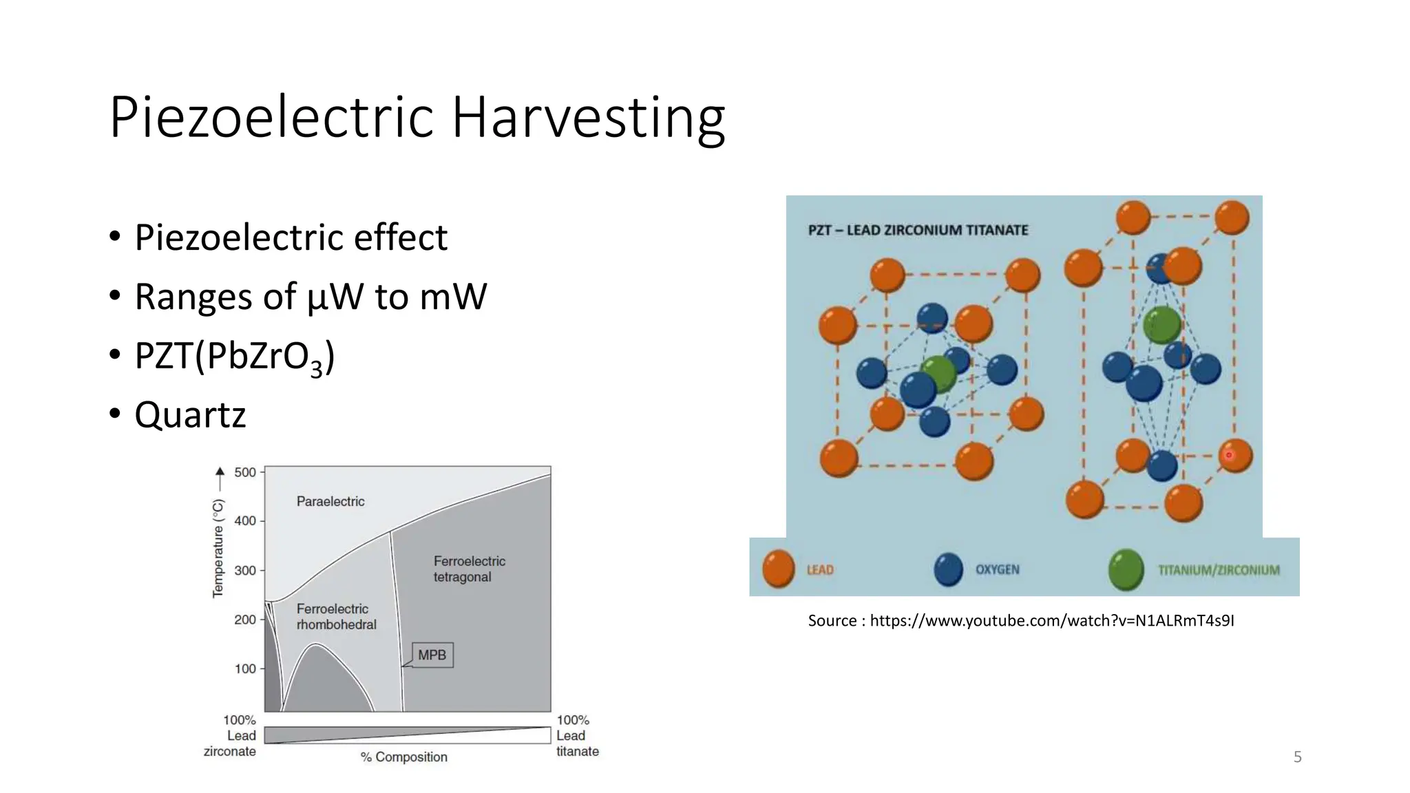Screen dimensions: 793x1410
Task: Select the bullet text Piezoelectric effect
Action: pyautogui.click(x=291, y=237)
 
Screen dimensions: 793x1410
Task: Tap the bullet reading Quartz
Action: pyautogui.click(x=190, y=415)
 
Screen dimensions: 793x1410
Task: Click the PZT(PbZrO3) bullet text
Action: pyautogui.click(x=234, y=357)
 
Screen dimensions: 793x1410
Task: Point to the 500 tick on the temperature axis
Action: pyautogui.click(x=245, y=472)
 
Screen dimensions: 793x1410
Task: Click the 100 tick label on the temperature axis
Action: pyautogui.click(x=245, y=668)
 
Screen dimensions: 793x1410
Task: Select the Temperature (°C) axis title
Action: pyautogui.click(x=218, y=548)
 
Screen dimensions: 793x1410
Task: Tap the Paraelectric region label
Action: pyautogui.click(x=330, y=501)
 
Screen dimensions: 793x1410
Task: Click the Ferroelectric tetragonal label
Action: pyautogui.click(x=469, y=569)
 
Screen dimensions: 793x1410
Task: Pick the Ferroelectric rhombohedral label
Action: pyautogui.click(x=336, y=617)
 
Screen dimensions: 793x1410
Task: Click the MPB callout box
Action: pyautogui.click(x=432, y=655)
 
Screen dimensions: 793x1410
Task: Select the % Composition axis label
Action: pyautogui.click(x=404, y=757)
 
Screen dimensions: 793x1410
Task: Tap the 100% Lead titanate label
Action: pyautogui.click(x=577, y=736)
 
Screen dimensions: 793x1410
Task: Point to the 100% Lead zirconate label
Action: pyautogui.click(x=231, y=736)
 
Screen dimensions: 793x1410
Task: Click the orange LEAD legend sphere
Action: pyautogui.click(x=779, y=569)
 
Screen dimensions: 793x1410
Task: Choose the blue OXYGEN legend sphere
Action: pyautogui.click(x=948, y=569)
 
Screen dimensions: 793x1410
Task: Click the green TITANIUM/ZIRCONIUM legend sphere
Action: pyautogui.click(x=1126, y=569)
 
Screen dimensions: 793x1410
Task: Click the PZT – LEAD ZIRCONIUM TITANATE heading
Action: pyautogui.click(x=918, y=230)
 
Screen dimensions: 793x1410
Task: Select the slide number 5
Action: pyautogui.click(x=1297, y=757)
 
